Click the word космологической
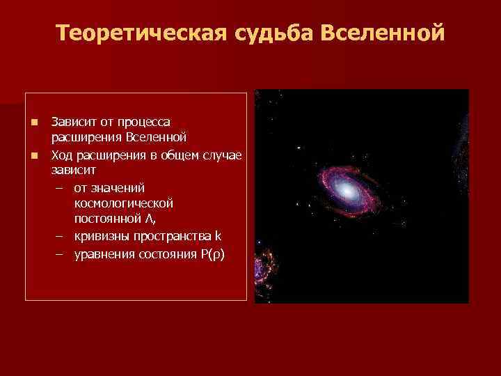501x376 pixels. [x=122, y=203]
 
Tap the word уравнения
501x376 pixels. [x=104, y=253]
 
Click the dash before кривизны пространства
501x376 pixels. [x=60, y=236]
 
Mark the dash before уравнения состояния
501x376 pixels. [x=60, y=253]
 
